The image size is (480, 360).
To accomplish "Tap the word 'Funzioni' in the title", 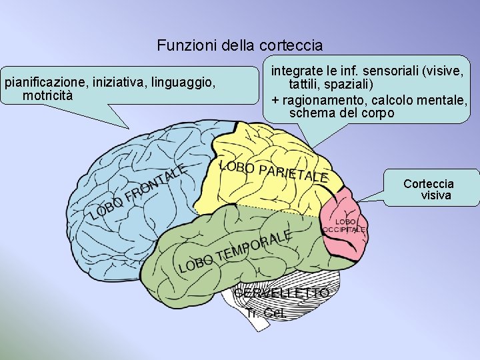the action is click(181, 46).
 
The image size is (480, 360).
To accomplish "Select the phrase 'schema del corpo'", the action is click(341, 113).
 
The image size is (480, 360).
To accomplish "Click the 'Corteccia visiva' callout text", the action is click(429, 189).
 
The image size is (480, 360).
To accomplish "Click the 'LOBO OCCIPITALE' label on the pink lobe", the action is click(345, 225).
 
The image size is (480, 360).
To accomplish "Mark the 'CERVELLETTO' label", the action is click(281, 293).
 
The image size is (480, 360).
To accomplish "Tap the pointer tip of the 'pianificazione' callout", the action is click(128, 127).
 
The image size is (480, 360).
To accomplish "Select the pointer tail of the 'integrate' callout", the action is click(311, 147).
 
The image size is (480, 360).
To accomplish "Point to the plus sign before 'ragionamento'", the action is click(275, 101).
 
